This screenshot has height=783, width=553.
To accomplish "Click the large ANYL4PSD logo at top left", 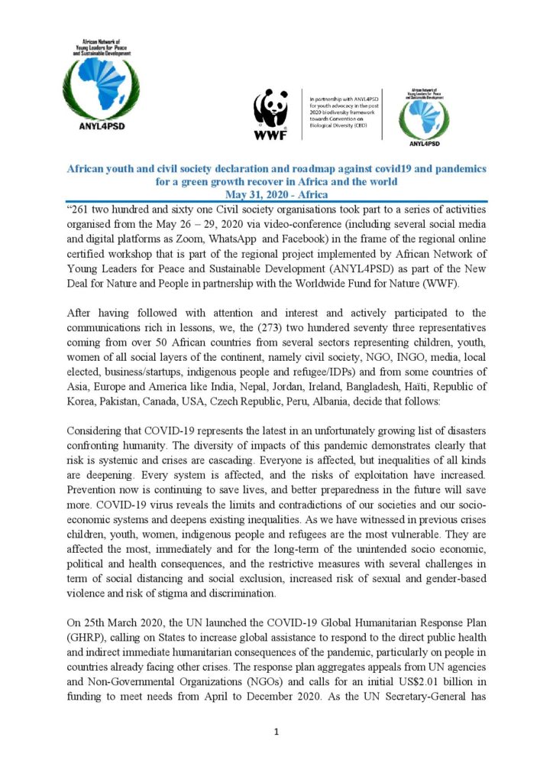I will pyautogui.click(x=102, y=84).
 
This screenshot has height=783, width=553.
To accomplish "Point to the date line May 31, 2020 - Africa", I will pyautogui.click(x=276, y=195).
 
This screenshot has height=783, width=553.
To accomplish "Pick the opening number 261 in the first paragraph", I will pyautogui.click(x=80, y=209).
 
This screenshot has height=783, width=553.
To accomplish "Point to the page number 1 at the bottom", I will pyautogui.click(x=276, y=732).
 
